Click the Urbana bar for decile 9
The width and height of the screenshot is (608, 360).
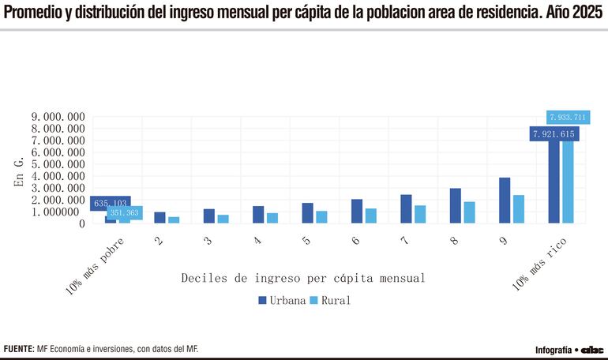pos(504,201)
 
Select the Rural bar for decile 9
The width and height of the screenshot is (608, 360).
pos(518,209)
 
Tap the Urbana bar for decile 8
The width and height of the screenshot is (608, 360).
pos(455,206)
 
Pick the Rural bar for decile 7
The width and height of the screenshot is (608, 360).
pos(420,214)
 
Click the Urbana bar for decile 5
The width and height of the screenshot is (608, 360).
pos(307,213)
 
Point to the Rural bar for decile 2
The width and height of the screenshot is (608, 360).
pos(174,219)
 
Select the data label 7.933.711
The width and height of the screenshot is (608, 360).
pos(567,118)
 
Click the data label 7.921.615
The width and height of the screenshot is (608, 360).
pos(554,134)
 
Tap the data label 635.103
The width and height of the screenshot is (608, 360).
pos(111,204)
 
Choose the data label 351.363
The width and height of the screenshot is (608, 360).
pos(125,213)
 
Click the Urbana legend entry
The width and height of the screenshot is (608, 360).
pos(281,301)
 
